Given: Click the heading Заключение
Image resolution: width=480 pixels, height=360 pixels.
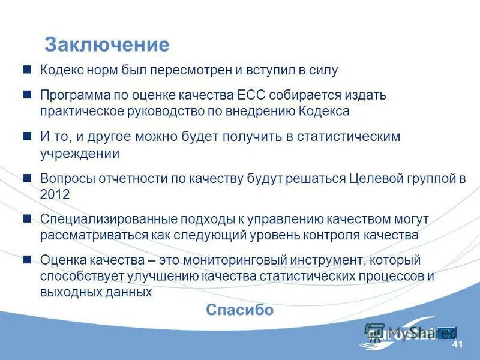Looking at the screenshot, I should point(107,45).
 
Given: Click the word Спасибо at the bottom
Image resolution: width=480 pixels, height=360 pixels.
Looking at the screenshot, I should point(239,310).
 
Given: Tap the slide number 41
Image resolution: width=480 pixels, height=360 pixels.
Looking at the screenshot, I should point(457,344).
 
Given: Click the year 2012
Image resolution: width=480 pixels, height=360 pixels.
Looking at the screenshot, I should point(55,195).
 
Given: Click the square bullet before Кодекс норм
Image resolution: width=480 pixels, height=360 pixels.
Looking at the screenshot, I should point(27,70).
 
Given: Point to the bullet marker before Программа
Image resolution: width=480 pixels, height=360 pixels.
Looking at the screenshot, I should point(27,95).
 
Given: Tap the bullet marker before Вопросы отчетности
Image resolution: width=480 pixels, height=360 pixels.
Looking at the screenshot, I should point(27,178).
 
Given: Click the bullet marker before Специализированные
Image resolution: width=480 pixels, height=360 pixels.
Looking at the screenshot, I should point(27,219).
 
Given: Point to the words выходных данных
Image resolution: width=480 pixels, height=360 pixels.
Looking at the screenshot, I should point(96,293).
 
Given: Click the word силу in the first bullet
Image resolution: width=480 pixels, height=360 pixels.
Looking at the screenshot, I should point(325,70).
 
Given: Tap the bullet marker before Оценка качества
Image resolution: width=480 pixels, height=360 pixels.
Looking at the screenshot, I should point(27,260).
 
